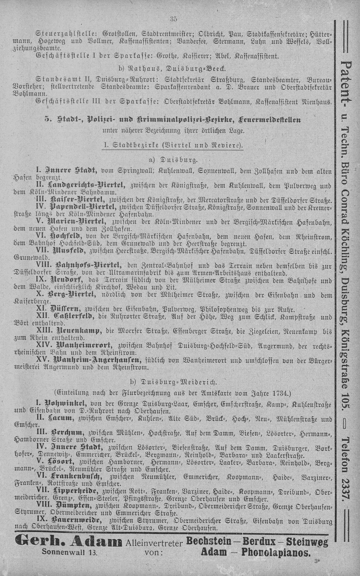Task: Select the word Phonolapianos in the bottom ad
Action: click(276, 552)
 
